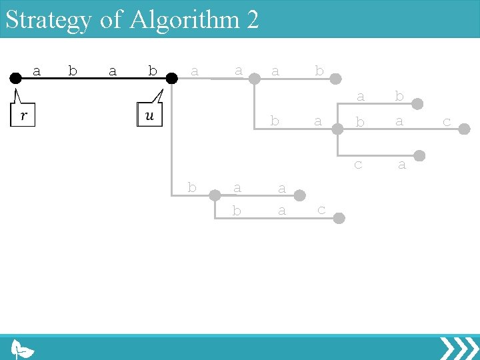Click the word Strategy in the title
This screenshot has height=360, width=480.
point(48,20)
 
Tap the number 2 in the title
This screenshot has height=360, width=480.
point(251,19)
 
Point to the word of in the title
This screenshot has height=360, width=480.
point(112,19)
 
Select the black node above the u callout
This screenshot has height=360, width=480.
point(171,78)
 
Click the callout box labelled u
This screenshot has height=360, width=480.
point(149,115)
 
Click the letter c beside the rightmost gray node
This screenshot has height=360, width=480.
point(446,122)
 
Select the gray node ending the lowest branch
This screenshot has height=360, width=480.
point(339,218)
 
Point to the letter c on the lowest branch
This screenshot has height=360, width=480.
point(321,209)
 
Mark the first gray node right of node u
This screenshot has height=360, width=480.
point(254,78)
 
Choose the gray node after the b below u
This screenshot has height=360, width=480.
point(215,195)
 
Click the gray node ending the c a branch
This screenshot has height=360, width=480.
point(419,155)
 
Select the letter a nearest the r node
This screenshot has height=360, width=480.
point(37,71)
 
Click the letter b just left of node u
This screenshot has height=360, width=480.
point(152,71)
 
